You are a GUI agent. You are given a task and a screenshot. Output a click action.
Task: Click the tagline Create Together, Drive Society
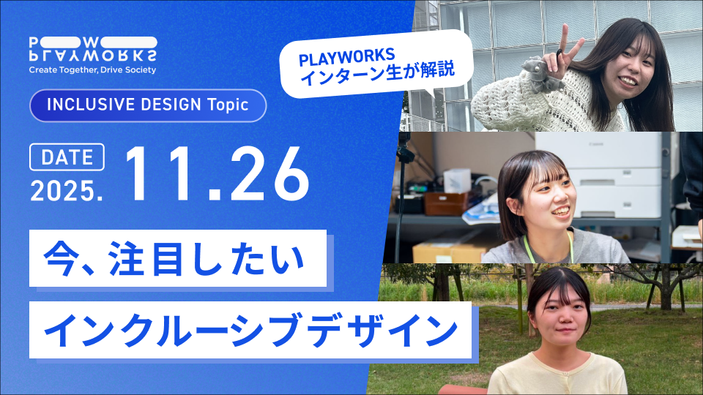(x=92, y=70)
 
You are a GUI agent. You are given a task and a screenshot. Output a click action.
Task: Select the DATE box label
(x=67, y=157)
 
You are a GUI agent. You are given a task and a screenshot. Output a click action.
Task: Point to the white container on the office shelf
(x=456, y=180)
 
